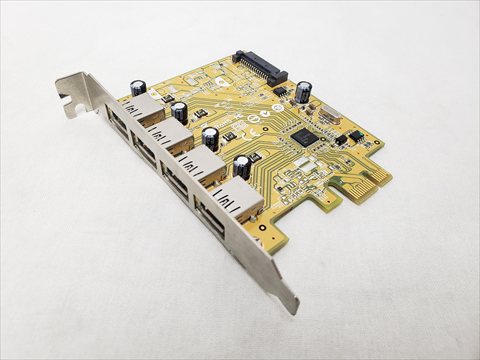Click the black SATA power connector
click(x=259, y=67)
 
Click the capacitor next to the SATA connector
click(x=303, y=91)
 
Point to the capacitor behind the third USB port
click(x=211, y=137)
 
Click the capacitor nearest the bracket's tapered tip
click(x=243, y=166)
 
